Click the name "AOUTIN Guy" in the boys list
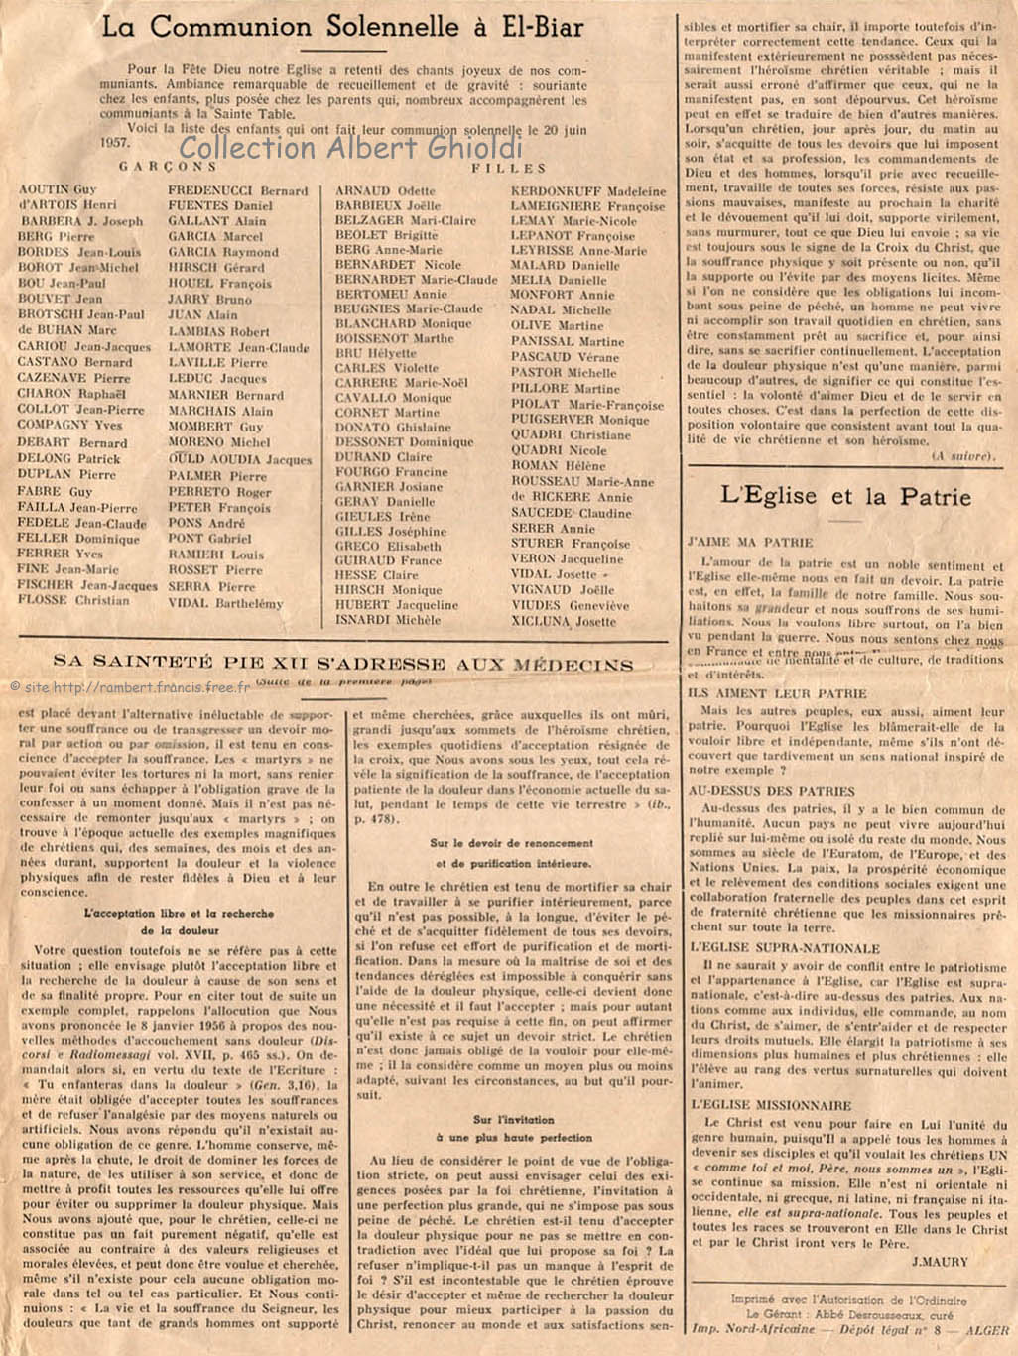[x=58, y=189]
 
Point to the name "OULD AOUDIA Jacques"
[x=239, y=459]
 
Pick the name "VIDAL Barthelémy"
[x=225, y=602]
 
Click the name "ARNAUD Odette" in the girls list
[x=385, y=190]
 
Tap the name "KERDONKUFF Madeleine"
[x=588, y=191]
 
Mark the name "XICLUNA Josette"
[x=563, y=621]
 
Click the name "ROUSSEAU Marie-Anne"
[x=582, y=482]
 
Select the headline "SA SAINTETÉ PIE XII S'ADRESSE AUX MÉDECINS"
[x=342, y=663]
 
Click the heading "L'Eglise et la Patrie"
[x=845, y=496]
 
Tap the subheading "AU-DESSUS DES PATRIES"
[x=771, y=791]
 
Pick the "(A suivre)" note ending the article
[x=962, y=455]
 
